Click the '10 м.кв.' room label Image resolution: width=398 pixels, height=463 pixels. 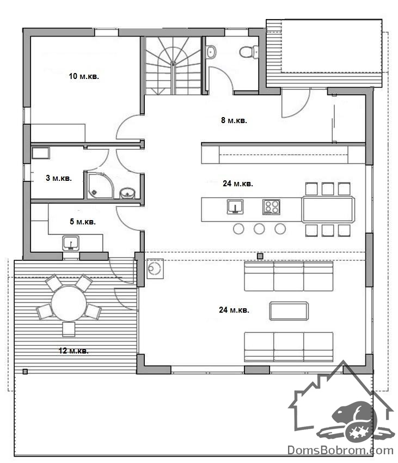click(x=84, y=76)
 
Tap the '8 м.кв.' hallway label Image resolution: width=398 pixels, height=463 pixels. click(x=234, y=120)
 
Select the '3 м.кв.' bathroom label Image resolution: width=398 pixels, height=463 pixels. click(x=59, y=178)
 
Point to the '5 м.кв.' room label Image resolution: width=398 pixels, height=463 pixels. click(x=83, y=222)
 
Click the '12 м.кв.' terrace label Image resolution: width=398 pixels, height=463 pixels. click(x=74, y=350)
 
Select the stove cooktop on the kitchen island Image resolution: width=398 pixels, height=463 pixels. click(x=271, y=206)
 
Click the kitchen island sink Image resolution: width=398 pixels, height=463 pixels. click(x=235, y=206)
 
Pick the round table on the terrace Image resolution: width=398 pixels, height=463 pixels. click(x=69, y=303)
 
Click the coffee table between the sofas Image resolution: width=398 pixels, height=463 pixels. click(x=289, y=311)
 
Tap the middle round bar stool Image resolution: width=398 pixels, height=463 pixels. click(x=259, y=229)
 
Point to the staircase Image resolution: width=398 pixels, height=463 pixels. click(x=173, y=65)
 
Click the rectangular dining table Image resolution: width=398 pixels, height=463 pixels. click(x=328, y=209)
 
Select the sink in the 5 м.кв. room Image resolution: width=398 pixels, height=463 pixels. click(x=71, y=243)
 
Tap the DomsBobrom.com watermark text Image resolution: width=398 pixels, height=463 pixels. click(x=340, y=450)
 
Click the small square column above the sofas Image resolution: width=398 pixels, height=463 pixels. click(x=260, y=257)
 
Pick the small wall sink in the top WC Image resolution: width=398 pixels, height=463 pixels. click(x=211, y=52)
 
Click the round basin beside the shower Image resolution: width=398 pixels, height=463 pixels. click(x=127, y=193)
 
